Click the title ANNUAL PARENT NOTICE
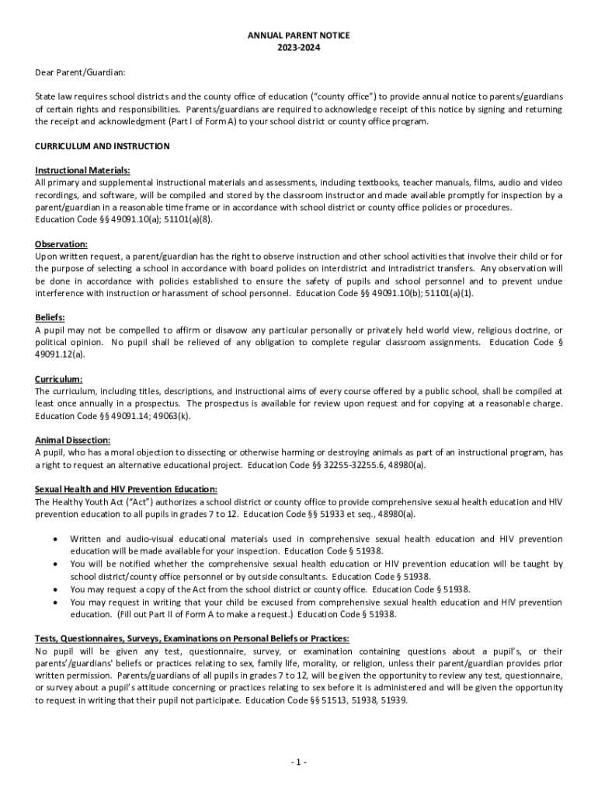(299, 36)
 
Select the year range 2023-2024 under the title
(299, 47)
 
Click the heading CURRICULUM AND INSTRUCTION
(103, 146)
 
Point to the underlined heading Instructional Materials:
(82, 170)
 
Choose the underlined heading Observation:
(61, 244)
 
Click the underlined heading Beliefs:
(50, 317)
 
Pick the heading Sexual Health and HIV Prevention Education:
(127, 489)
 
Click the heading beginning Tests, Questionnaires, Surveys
(192, 638)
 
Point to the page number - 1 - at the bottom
(299, 762)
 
